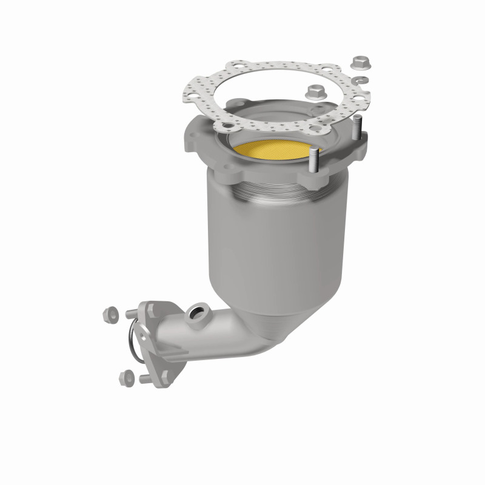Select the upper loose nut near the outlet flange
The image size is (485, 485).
pyautogui.click(x=110, y=314)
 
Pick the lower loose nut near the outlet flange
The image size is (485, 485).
pyautogui.click(x=126, y=375)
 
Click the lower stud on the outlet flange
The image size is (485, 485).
pyautogui.click(x=146, y=379)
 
